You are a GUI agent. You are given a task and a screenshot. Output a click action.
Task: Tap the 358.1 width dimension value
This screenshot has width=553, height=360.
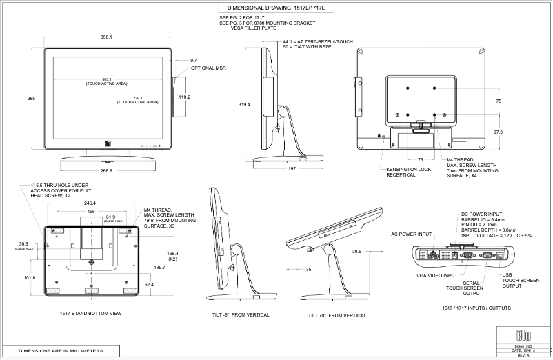tap(106, 37)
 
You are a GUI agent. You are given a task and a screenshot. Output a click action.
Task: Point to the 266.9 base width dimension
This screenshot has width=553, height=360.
tap(106, 170)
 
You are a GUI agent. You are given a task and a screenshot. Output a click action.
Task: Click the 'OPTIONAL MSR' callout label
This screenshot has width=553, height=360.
tap(208, 68)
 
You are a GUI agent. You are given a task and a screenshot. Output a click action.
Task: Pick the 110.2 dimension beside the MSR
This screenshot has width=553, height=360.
tap(184, 97)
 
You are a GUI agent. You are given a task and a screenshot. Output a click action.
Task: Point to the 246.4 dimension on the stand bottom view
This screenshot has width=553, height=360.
tap(90, 203)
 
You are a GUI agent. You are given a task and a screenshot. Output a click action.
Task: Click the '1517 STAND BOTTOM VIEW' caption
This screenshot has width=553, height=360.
tap(90, 314)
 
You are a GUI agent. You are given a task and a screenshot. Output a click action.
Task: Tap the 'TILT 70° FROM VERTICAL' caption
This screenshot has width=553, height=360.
tap(336, 315)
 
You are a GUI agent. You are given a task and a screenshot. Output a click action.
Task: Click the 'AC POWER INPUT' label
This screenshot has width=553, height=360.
tap(411, 234)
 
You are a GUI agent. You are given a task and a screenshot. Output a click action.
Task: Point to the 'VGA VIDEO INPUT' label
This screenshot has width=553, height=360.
tap(436, 275)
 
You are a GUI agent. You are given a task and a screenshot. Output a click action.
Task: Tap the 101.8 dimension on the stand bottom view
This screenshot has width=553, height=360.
tap(29, 278)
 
